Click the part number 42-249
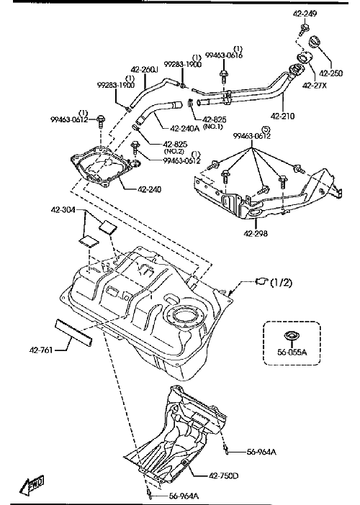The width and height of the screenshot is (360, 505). coord(305,14)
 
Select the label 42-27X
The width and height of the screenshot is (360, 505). coord(315,86)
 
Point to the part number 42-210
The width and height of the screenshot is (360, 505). coord(283,116)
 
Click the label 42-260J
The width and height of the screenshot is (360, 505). coord(144,70)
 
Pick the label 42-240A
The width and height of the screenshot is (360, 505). coord(184,128)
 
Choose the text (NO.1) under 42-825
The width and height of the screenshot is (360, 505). coord(213,127)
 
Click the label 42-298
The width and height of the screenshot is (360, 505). coord(256,233)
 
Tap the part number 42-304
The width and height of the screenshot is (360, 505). coord(63,209)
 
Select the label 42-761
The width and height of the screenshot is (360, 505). coord(41,350)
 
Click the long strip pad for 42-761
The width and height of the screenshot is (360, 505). coord(74,332)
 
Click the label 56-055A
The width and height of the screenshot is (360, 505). coord(292,352)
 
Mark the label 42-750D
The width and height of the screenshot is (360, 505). coord(224,476)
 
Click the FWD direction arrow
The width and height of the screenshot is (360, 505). coord(32,485)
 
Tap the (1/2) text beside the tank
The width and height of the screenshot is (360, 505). coord(281,283)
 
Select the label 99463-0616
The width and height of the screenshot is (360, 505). coord(224,55)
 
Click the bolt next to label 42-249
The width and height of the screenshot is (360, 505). coord(304,29)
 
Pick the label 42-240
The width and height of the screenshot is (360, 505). coord(150,189)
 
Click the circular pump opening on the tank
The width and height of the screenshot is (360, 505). coord(184,315)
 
